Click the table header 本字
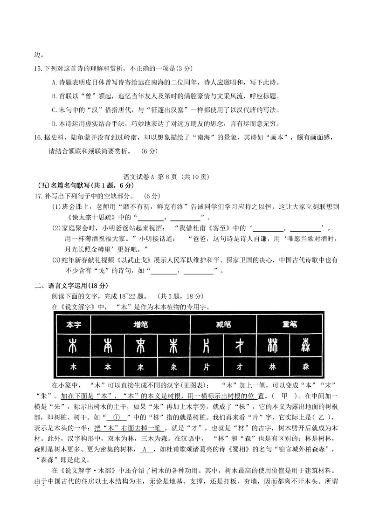point(73,324)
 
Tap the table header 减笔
point(223,324)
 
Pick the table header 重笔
point(289,324)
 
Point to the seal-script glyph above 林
point(273,346)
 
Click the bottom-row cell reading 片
point(206,367)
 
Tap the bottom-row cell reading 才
point(240,367)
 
